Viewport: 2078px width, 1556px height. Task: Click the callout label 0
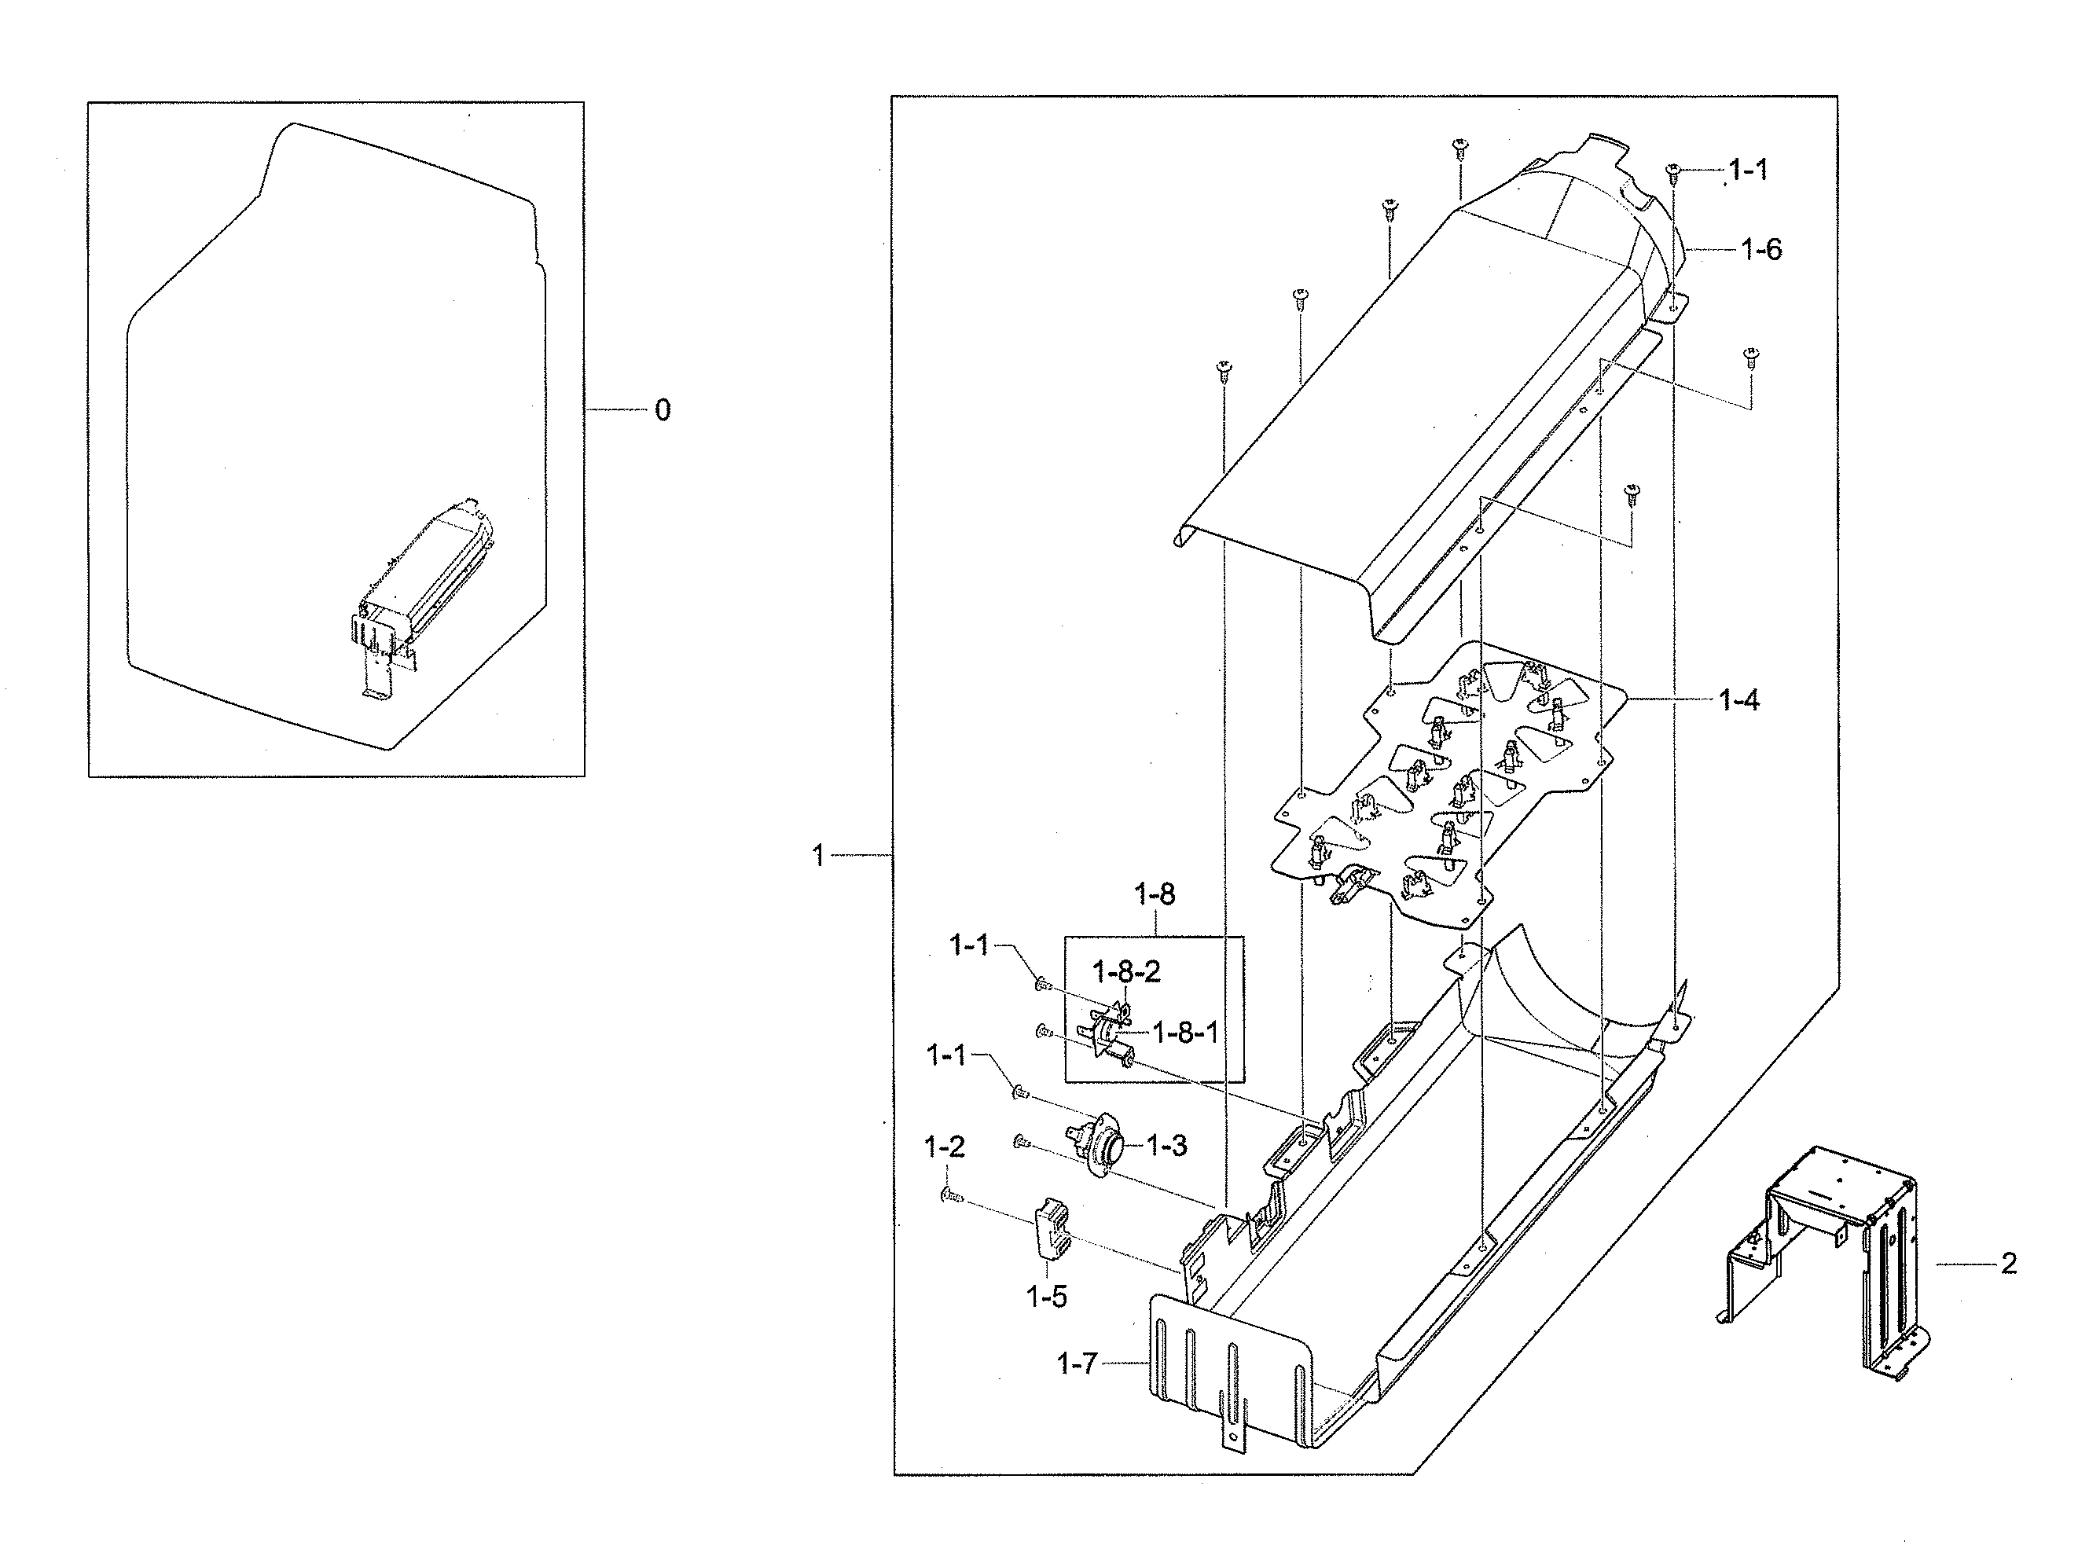(x=663, y=410)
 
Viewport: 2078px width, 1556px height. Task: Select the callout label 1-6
(x=1760, y=250)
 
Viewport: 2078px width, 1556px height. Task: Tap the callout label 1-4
(x=1738, y=700)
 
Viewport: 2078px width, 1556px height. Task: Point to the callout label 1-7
(x=1077, y=1363)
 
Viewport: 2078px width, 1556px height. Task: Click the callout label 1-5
(x=1045, y=1297)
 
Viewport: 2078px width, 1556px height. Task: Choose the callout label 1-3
(x=1166, y=1146)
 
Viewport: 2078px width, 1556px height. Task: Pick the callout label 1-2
(x=944, y=1147)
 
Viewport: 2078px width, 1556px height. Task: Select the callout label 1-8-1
(x=1184, y=1033)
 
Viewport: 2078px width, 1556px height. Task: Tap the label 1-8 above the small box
(x=1155, y=894)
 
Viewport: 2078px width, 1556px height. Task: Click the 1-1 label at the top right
(x=1747, y=170)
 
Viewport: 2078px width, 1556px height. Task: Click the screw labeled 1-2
(x=949, y=1196)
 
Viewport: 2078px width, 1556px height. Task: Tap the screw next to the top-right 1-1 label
(x=1672, y=171)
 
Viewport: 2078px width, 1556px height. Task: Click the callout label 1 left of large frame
(x=818, y=856)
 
